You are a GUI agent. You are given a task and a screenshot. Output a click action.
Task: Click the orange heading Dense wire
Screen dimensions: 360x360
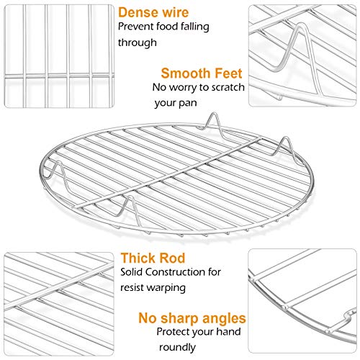153,12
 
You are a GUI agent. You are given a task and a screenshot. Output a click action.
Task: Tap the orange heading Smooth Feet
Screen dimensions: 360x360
202,73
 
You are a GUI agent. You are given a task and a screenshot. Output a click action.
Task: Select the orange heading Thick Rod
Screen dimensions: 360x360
153,258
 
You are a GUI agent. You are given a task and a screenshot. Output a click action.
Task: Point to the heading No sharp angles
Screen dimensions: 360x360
192,318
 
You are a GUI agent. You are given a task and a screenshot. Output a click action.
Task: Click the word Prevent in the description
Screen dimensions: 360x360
136,27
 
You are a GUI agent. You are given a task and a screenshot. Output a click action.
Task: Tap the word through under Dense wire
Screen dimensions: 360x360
138,42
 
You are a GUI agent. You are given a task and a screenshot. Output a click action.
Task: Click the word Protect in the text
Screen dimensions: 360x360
173,332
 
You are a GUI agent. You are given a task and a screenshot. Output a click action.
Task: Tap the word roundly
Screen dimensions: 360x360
177,348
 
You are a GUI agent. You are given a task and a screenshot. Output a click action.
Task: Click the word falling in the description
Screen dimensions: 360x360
194,27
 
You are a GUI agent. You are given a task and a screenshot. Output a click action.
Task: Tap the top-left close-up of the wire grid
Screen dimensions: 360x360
59,56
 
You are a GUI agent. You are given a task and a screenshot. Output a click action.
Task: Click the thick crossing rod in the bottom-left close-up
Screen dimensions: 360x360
59,286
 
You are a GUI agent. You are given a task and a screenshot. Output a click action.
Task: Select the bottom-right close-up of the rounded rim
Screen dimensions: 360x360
302,301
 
